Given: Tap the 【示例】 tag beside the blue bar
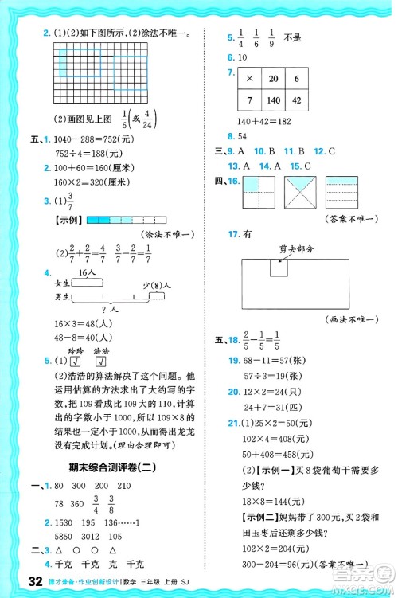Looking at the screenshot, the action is click(x=67, y=219).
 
